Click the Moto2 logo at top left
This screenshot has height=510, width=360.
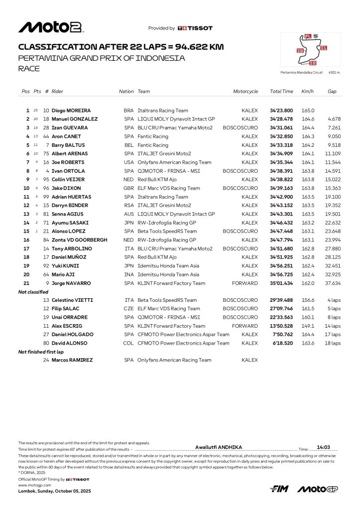coord(51,27)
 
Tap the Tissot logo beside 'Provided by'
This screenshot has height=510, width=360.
coord(195,28)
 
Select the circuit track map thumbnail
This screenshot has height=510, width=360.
coord(311,50)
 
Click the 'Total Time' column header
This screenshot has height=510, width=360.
coord(281,92)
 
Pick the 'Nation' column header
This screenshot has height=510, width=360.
coord(126,92)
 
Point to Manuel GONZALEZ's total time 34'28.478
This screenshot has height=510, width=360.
coord(281,119)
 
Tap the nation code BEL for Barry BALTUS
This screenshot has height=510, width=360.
coord(129,145)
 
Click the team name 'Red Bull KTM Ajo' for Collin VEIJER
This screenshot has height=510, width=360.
coord(157,180)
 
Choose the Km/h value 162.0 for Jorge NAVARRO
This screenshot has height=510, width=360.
coord(308,283)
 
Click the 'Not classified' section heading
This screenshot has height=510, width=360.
coord(33,292)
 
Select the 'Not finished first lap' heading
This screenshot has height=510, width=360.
coord(41,352)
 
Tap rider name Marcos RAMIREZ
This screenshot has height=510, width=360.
coord(72,360)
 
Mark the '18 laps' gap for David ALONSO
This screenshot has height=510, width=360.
coord(334,343)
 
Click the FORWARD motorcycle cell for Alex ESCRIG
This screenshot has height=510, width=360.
coord(246,326)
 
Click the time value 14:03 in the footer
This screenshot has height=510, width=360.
coord(324,447)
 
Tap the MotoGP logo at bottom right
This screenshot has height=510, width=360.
coord(317,489)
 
